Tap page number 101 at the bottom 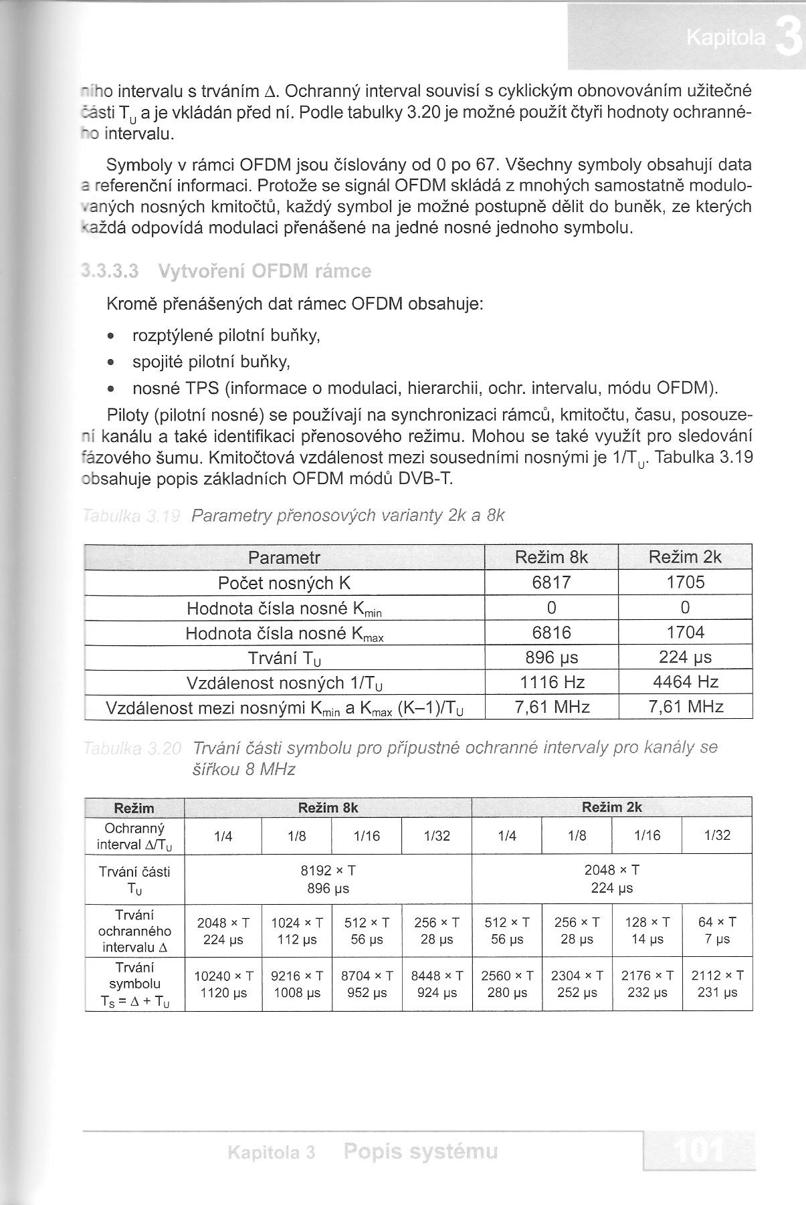[x=699, y=1151]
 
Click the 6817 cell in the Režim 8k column [x=551, y=582]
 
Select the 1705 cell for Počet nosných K [x=686, y=582]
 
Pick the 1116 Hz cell [x=552, y=682]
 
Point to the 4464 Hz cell [x=686, y=682]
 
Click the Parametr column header [x=284, y=558]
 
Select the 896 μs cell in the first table [x=552, y=657]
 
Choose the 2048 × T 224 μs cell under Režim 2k [x=612, y=879]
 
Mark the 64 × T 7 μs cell [x=717, y=931]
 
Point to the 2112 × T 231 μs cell [x=717, y=984]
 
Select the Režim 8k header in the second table [x=328, y=807]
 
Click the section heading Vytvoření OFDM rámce [x=264, y=271]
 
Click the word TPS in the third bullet [x=202, y=389]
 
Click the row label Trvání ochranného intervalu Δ [x=134, y=931]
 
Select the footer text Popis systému [x=420, y=1152]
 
